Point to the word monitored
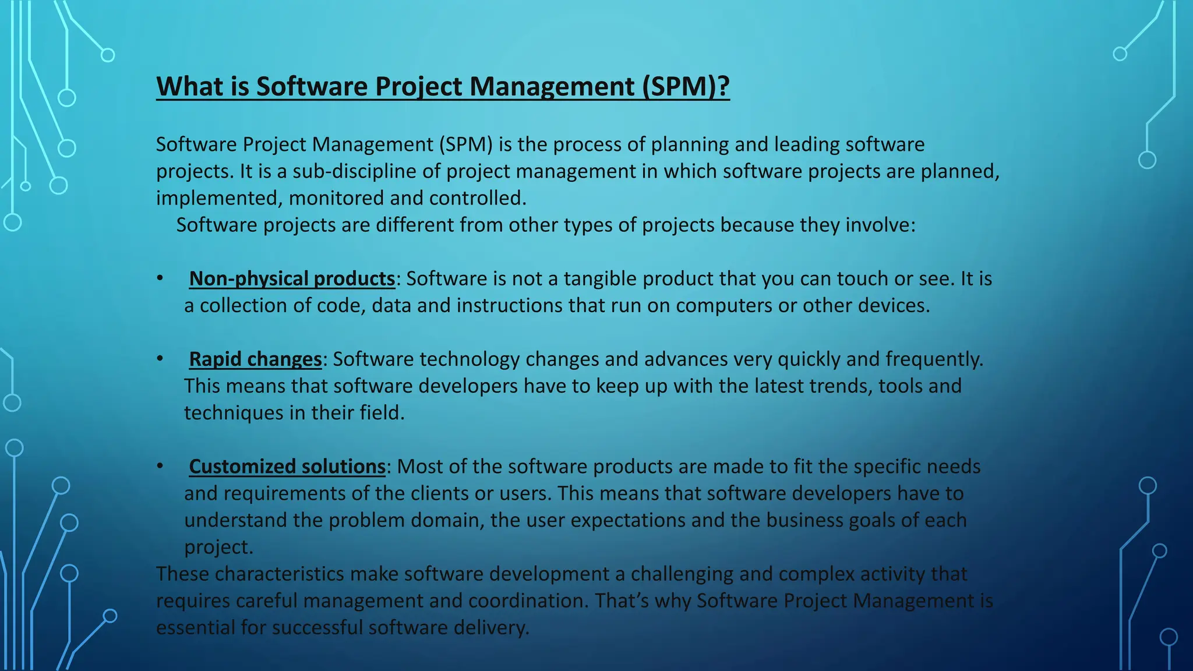pyautogui.click(x=336, y=198)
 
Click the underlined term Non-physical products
pyautogui.click(x=292, y=278)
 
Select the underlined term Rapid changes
pyautogui.click(x=255, y=359)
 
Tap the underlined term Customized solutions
pyautogui.click(x=287, y=467)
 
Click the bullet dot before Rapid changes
pyautogui.click(x=160, y=359)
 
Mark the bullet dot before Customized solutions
pyautogui.click(x=160, y=467)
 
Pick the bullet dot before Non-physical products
pyautogui.click(x=160, y=278)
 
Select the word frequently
pyautogui.click(x=934, y=359)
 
